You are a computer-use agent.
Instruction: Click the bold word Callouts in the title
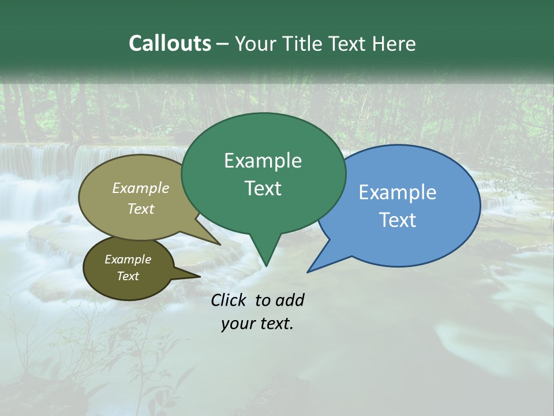tap(170, 44)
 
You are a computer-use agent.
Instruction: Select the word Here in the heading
tap(394, 44)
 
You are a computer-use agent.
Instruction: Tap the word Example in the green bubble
tap(263, 161)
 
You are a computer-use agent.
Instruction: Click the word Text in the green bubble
tap(263, 188)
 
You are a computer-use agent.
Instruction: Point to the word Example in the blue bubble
tap(398, 192)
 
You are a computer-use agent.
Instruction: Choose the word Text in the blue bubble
tap(398, 220)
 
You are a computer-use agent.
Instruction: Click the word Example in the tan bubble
tap(141, 188)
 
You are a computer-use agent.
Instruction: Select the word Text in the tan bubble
tap(141, 209)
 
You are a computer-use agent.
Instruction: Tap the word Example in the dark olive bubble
tap(128, 259)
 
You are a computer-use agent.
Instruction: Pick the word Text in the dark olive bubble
tap(128, 276)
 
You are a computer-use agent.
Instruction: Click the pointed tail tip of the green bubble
tap(266, 266)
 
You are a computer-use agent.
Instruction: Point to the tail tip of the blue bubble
tap(308, 272)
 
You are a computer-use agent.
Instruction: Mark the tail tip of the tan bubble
tap(220, 244)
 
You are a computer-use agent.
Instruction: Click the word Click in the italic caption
tap(229, 300)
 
